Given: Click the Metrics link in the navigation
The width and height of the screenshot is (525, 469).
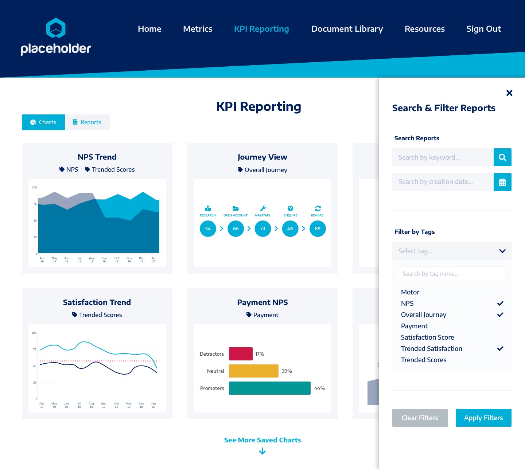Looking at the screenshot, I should pyautogui.click(x=198, y=29).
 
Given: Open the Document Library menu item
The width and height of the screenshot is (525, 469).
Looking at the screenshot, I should pyautogui.click(x=347, y=29).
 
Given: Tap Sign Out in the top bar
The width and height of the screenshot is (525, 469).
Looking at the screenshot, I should pyautogui.click(x=483, y=29).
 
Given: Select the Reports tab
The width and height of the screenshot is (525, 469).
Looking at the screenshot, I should pyautogui.click(x=87, y=122).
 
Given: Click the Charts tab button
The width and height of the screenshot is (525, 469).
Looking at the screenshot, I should pyautogui.click(x=43, y=122).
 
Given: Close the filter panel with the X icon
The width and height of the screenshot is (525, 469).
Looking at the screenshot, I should pyautogui.click(x=509, y=93).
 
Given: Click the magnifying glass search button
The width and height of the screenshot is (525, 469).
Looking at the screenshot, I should pyautogui.click(x=502, y=157).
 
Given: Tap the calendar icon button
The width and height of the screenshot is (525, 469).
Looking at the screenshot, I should pyautogui.click(x=502, y=182).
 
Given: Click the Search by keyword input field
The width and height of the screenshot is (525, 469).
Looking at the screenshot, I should pyautogui.click(x=443, y=157).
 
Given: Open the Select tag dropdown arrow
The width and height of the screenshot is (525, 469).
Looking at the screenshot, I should pyautogui.click(x=502, y=251).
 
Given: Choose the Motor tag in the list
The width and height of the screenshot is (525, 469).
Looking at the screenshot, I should pyautogui.click(x=410, y=292).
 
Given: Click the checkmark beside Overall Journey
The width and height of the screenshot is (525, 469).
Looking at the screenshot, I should pyautogui.click(x=500, y=315).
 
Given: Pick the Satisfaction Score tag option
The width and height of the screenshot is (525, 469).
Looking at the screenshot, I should pyautogui.click(x=427, y=337).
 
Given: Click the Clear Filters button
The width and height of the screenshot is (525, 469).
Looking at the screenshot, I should pyautogui.click(x=420, y=418).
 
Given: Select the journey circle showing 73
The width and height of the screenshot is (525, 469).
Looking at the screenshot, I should pyautogui.click(x=263, y=229).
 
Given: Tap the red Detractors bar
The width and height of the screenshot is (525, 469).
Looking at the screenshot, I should pyautogui.click(x=241, y=354).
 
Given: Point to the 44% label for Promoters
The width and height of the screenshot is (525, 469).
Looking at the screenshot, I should pyautogui.click(x=319, y=388).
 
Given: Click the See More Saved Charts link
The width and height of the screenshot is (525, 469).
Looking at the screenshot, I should pyautogui.click(x=262, y=440).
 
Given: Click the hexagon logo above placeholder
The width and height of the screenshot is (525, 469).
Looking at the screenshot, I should pyautogui.click(x=56, y=28).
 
